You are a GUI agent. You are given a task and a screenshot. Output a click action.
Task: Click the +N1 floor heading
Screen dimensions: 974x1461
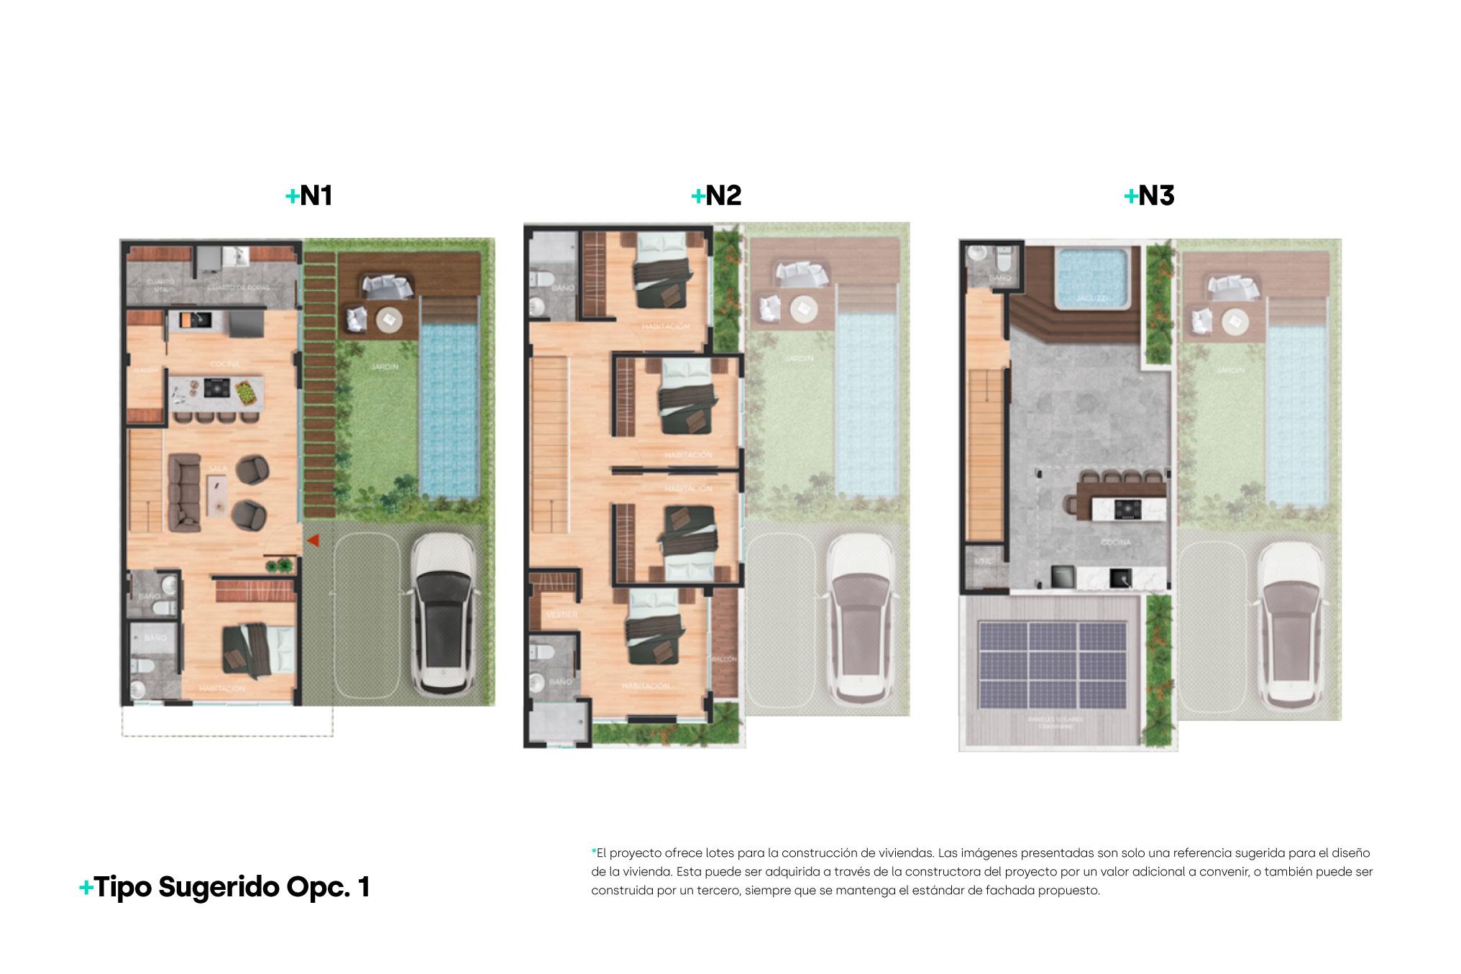[309, 196]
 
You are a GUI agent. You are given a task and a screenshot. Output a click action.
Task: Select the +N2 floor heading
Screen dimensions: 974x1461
[716, 196]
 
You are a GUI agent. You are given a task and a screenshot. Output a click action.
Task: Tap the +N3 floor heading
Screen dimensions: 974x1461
[1149, 196]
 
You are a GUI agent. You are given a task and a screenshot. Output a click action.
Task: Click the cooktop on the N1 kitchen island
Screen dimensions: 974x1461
[215, 389]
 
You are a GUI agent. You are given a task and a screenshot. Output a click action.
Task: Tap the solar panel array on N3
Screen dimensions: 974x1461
[1053, 664]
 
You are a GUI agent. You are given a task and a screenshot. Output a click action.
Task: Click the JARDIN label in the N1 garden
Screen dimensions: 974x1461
[386, 367]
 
